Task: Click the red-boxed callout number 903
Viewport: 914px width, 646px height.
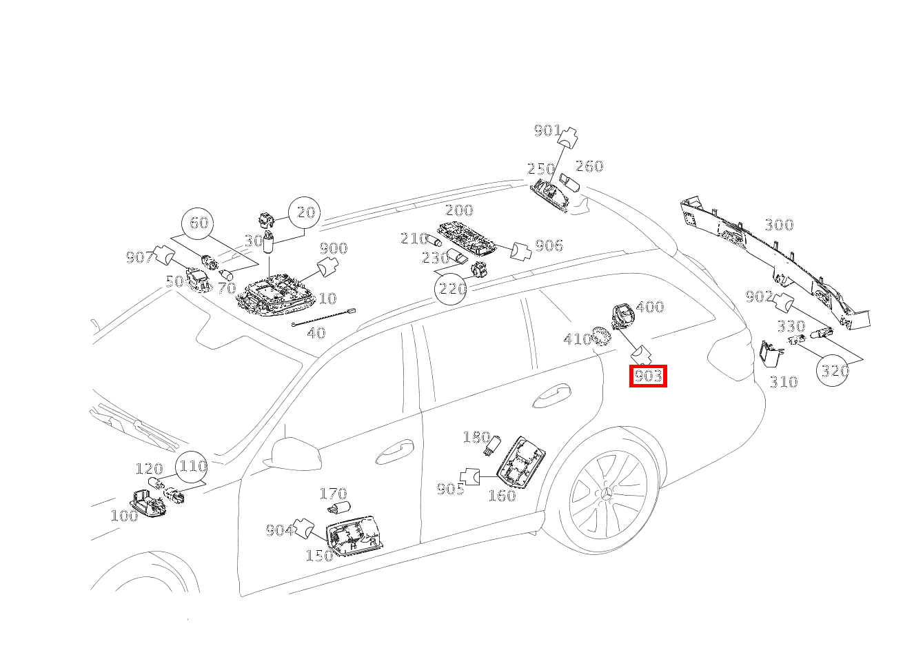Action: pos(648,376)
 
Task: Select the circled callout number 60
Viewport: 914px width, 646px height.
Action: pos(199,223)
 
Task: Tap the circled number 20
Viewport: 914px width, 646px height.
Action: pos(305,212)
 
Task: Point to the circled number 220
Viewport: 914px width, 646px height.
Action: pos(452,288)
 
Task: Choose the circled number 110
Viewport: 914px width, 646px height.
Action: pos(192,467)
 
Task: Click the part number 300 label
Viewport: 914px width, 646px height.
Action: pos(779,225)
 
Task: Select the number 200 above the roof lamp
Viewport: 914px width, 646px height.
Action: pos(459,210)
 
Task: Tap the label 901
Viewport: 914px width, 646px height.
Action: pos(547,130)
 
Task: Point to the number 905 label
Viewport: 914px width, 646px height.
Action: pos(450,489)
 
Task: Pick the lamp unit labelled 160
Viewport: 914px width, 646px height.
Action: pos(522,463)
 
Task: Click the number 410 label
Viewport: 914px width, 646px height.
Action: pos(577,339)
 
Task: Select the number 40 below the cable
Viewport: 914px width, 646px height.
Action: pos(316,334)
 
